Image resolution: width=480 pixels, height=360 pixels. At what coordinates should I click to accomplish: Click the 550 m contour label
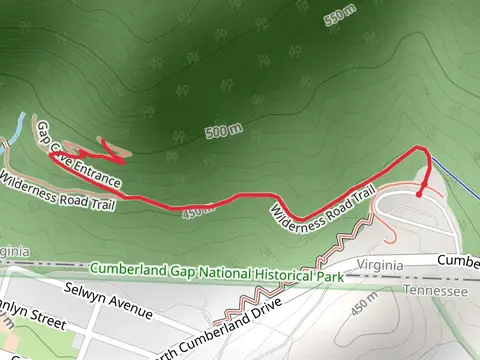pos(341,19)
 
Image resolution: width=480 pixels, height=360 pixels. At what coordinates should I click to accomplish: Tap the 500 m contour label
pos(224,131)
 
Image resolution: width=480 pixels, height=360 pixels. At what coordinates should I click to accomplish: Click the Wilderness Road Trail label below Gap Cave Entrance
pos(58,191)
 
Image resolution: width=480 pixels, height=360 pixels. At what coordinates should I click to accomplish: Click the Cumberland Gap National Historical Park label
pos(214,270)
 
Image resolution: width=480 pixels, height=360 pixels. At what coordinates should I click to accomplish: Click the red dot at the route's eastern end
pos(419,194)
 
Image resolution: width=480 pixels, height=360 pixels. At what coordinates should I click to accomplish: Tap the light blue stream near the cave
pos(17,129)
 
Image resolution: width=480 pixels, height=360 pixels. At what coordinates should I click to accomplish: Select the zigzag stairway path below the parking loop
pos(300,270)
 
